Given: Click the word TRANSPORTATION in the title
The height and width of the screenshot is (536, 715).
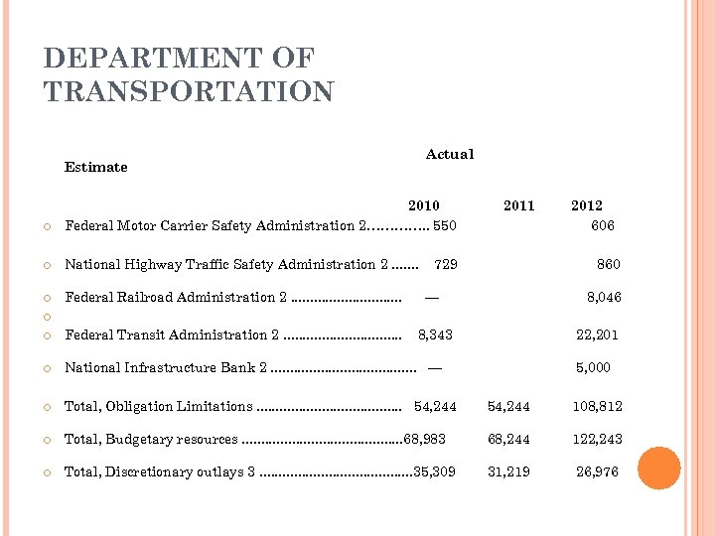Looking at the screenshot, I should coord(189,91).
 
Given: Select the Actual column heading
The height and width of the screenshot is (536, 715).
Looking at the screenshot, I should coord(450,154).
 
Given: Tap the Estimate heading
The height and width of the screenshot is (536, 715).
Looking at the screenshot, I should coord(96,167).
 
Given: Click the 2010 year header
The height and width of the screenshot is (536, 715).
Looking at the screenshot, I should coord(424,205).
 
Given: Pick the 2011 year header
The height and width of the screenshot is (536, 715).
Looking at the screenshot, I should coord(518,205).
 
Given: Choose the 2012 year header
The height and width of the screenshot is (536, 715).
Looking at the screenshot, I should coord(586,205).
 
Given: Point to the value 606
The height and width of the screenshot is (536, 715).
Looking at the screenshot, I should coord(603,225).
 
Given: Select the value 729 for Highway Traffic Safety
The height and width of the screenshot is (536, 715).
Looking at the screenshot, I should coord(447,264).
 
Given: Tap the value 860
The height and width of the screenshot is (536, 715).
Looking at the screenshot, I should coord(609,264).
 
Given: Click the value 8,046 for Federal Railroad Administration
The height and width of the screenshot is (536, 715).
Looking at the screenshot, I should coord(605,297).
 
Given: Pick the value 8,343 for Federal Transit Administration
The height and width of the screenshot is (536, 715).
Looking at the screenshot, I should coord(435,335).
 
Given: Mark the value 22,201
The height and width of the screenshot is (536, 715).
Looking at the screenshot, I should coord(598,335).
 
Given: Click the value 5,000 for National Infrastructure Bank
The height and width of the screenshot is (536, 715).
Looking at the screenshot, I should coord(594,367).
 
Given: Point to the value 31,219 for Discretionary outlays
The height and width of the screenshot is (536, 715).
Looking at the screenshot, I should coord(507,471).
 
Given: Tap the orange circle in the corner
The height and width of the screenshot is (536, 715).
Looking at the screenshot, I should coord(659,469).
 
